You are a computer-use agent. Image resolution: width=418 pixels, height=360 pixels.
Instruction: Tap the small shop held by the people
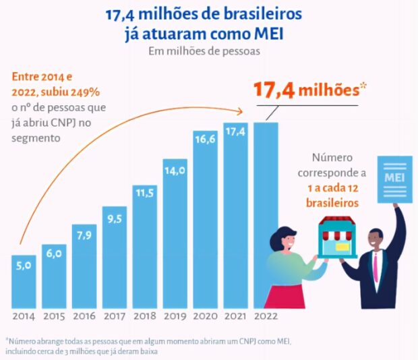[x=337, y=236]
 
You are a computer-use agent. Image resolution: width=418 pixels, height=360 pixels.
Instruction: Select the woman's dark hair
[x=281, y=237]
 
